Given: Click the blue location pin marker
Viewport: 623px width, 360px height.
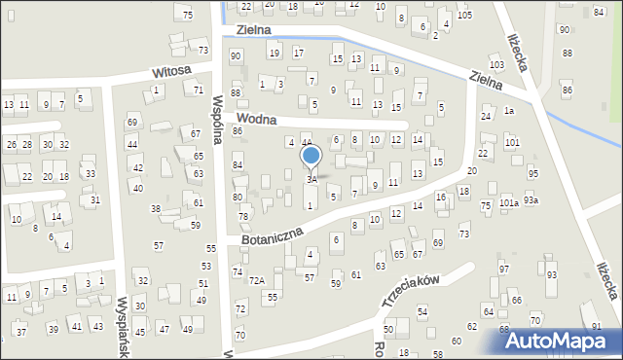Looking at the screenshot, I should [311, 157].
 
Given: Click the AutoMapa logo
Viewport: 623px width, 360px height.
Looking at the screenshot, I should [562, 340].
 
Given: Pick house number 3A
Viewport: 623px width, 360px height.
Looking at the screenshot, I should [311, 179].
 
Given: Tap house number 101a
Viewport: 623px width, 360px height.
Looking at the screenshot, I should [509, 203].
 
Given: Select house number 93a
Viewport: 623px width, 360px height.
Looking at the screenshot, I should [531, 199].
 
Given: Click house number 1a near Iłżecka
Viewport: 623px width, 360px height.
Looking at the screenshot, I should [508, 111].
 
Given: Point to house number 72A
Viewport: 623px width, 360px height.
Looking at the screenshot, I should [256, 280].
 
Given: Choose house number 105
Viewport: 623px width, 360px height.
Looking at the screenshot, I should [464, 16].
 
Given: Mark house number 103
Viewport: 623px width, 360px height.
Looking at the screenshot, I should [496, 64].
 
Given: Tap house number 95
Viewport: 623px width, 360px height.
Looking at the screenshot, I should [532, 173].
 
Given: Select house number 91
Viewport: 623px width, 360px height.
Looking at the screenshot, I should [597, 326].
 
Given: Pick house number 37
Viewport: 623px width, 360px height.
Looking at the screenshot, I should [21, 332].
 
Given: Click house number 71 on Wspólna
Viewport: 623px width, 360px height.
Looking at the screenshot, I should [199, 90].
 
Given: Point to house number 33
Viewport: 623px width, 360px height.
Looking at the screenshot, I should [90, 173].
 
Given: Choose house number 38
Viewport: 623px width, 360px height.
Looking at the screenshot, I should [155, 209].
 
